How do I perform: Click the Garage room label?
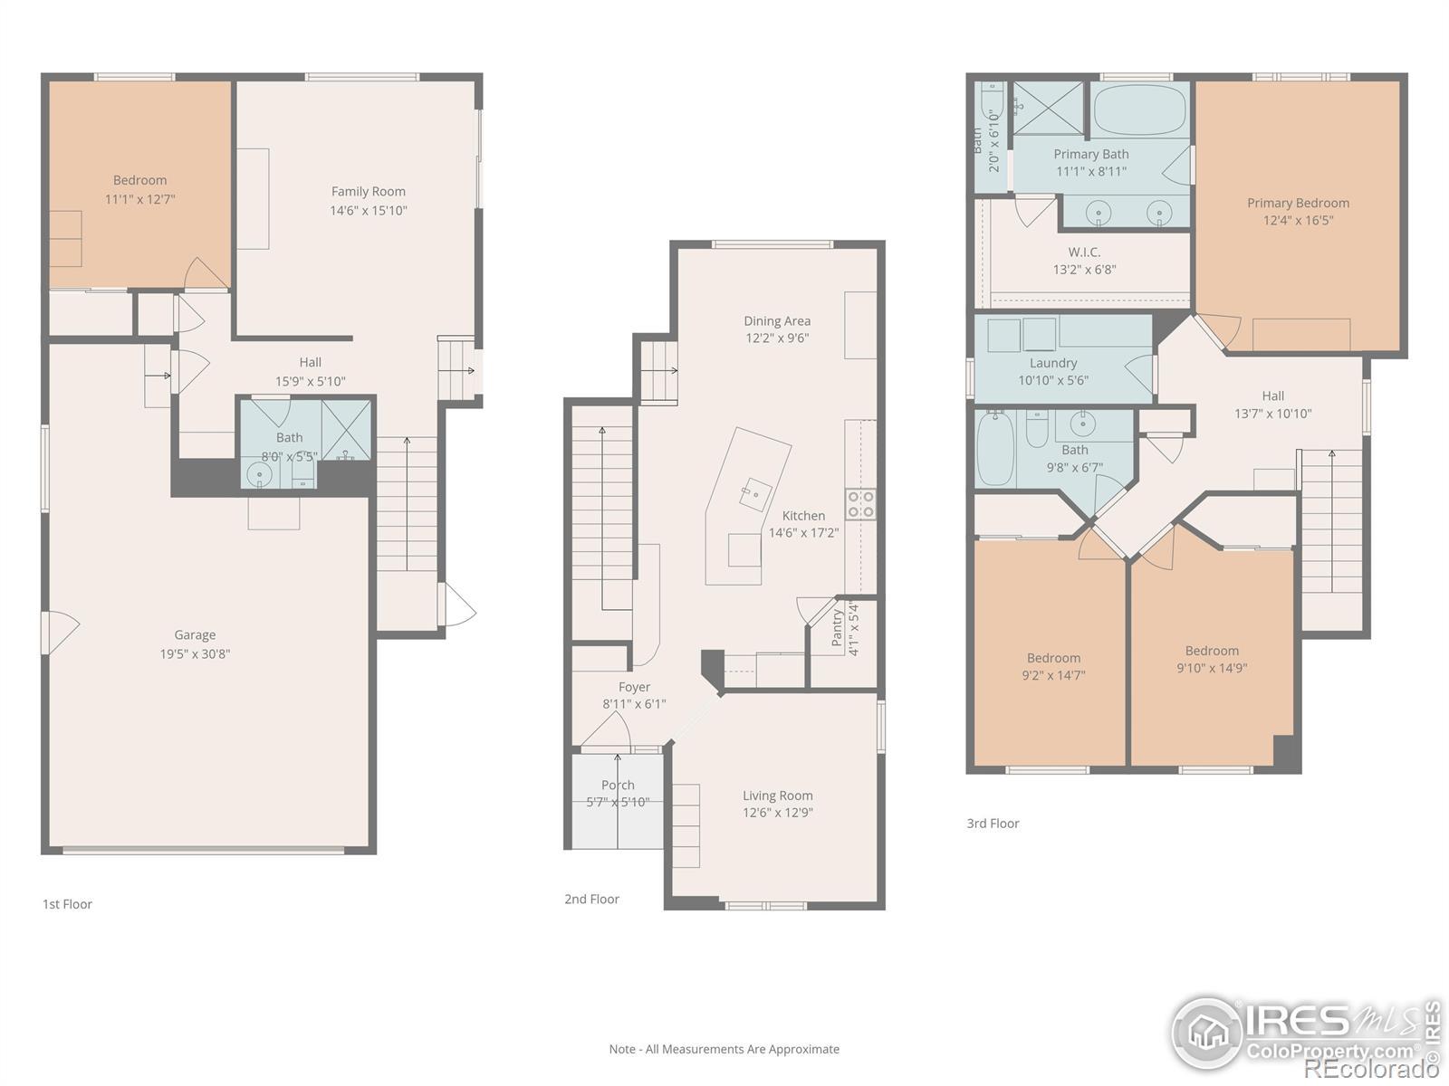pos(195,635)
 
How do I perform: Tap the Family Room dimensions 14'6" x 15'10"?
pos(369,210)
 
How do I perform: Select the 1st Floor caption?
pos(67,904)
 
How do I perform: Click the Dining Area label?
pos(777,321)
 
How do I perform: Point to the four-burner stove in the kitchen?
pos(861,504)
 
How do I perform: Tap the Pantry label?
pos(837,627)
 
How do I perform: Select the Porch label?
pos(618,785)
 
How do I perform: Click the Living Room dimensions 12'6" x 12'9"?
pos(778,813)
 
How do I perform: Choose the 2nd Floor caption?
pos(591,899)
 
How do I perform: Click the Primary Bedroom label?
pos(1298,203)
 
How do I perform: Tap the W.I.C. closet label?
pos(1085,252)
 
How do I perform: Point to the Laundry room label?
pos(1053,363)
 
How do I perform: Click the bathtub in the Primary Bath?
pos(1140,110)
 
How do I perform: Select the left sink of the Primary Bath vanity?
pos(1099,214)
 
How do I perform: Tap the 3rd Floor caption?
pos(993,823)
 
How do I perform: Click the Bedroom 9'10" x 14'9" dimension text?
pos(1212,668)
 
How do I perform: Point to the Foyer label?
pos(635,687)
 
